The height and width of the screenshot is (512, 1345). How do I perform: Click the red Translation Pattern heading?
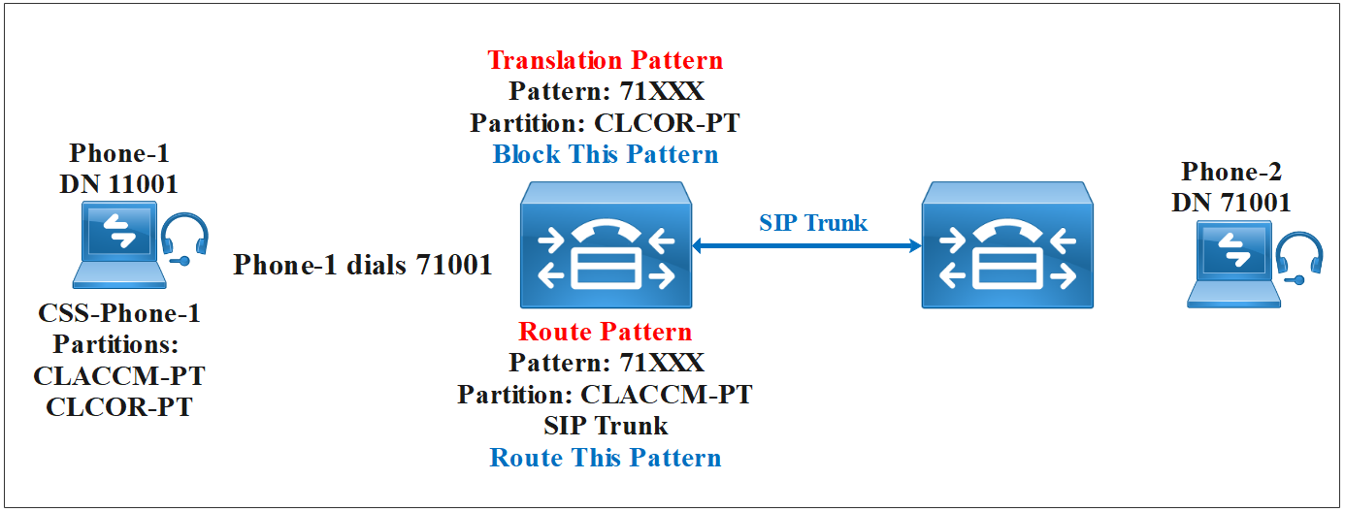[x=605, y=60]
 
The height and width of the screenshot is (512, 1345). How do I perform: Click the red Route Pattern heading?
[x=606, y=332]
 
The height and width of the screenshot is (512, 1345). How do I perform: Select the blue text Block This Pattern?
[x=606, y=154]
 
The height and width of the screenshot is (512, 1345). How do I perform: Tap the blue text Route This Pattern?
[x=606, y=457]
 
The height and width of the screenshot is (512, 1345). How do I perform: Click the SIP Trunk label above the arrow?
[x=813, y=223]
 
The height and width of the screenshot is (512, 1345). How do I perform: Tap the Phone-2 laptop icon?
[x=1230, y=264]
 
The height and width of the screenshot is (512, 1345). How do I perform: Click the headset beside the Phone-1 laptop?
[x=184, y=240]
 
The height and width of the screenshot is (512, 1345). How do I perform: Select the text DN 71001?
[x=1231, y=202]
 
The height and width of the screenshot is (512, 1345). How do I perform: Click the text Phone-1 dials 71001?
[x=363, y=265]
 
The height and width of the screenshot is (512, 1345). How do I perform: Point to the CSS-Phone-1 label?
[x=119, y=314]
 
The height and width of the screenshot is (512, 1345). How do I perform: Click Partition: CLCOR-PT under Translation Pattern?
[x=606, y=123]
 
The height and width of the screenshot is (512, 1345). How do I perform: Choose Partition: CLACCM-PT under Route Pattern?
[x=606, y=395]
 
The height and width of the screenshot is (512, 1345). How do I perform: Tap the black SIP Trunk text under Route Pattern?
[x=606, y=426]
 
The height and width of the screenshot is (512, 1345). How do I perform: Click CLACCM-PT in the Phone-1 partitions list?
[x=119, y=375]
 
